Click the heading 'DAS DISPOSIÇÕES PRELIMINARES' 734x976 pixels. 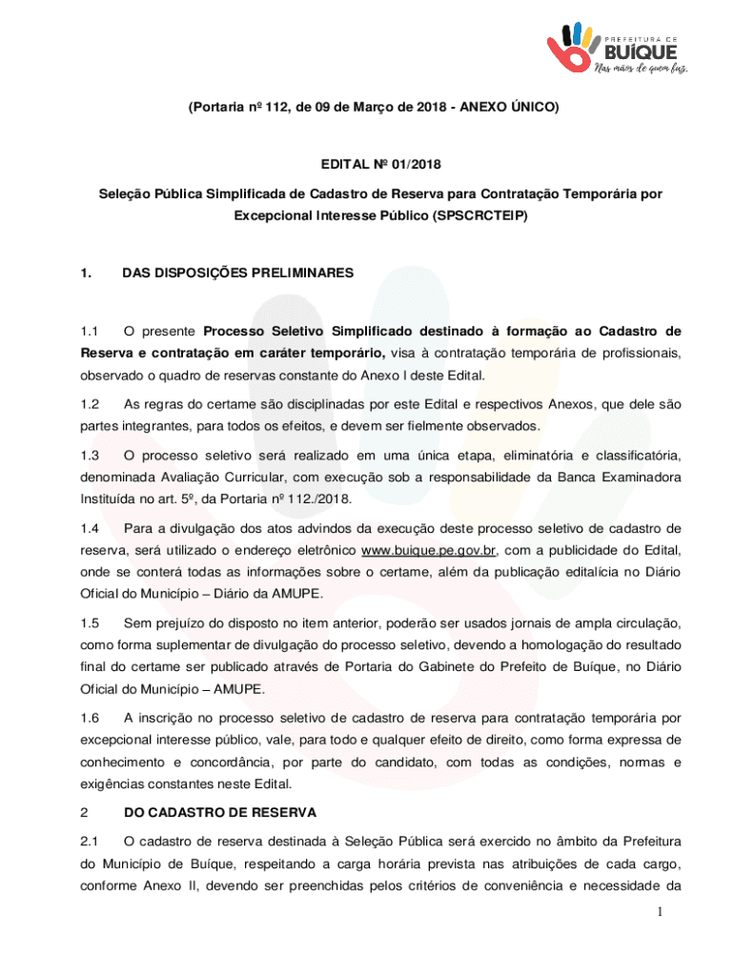237,274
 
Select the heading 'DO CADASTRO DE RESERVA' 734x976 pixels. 220,812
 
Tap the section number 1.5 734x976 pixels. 91,622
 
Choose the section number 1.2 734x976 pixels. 91,404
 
